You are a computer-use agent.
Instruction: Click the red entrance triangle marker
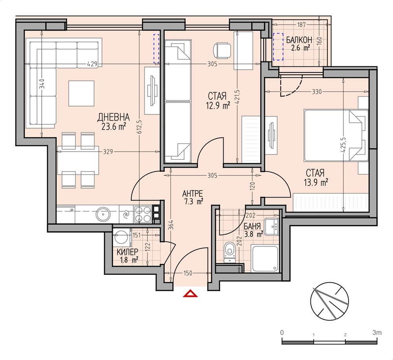(x=190, y=293)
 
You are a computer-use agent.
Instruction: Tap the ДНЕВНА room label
(x=114, y=117)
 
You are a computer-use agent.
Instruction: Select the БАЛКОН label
(x=299, y=40)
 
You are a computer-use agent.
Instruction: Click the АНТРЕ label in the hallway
(x=193, y=194)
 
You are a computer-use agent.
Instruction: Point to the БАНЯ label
(x=252, y=226)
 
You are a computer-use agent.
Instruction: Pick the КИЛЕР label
(x=127, y=251)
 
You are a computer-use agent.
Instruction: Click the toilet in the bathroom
(x=230, y=252)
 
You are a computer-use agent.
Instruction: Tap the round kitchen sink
(x=103, y=214)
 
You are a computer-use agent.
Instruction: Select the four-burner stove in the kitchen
(x=143, y=214)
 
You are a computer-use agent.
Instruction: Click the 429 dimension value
(x=92, y=64)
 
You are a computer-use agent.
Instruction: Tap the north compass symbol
(x=329, y=301)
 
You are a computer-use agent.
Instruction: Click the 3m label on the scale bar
(x=377, y=333)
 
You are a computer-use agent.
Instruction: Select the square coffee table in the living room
(x=81, y=93)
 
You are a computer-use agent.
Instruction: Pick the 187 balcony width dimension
(x=301, y=24)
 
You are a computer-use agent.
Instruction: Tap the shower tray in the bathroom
(x=265, y=259)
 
